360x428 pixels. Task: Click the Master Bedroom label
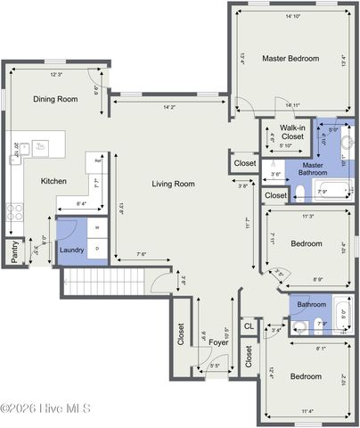[290, 58]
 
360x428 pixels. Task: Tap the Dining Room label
[55, 100]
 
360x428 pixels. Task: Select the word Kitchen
[53, 181]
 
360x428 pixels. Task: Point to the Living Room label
[173, 184]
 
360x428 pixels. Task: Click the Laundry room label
[71, 250]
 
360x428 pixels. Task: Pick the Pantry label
[15, 253]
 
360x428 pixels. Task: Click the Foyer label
[219, 342]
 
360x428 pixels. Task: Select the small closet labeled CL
[249, 327]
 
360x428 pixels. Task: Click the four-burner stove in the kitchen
[15, 212]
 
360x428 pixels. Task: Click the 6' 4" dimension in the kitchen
[81, 204]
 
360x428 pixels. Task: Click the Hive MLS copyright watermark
[46, 408]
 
